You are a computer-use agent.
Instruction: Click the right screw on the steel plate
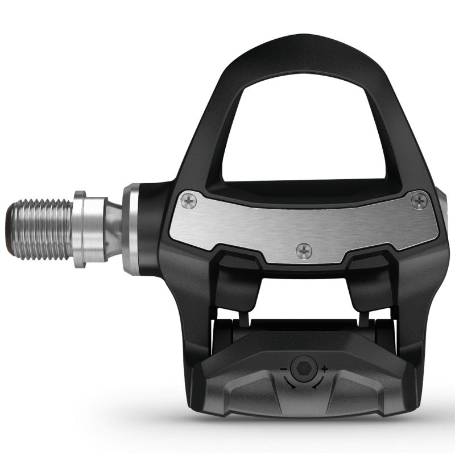pyautogui.click(x=420, y=200)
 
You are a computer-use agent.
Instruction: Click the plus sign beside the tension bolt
pyautogui.click(x=325, y=369)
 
